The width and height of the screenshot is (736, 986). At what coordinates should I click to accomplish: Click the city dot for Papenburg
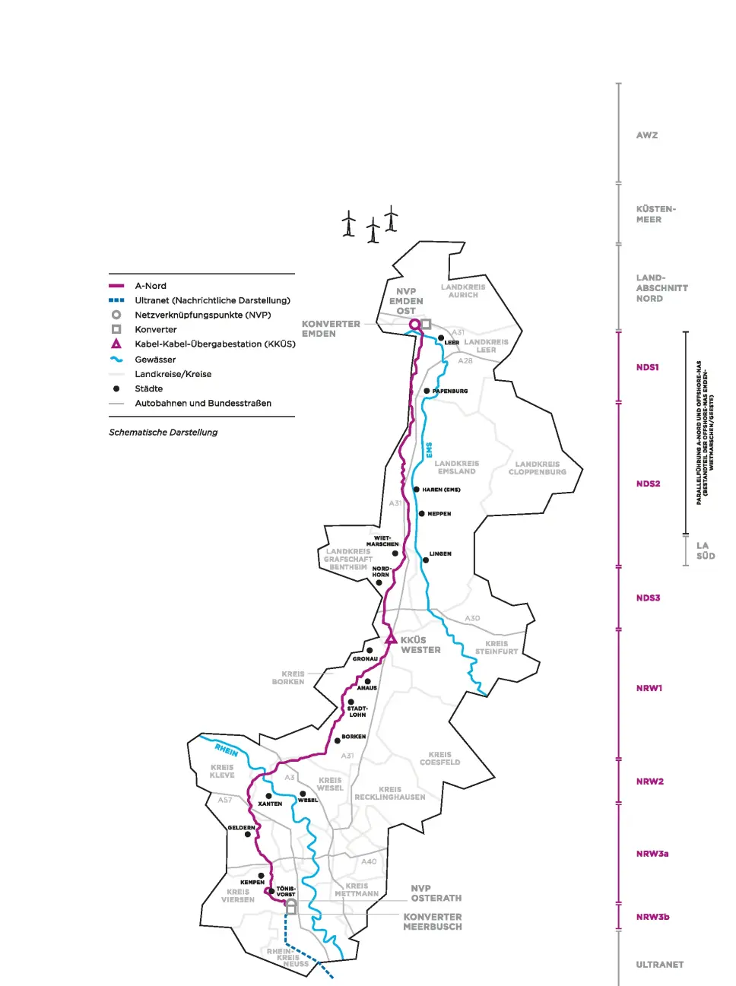tap(427, 391)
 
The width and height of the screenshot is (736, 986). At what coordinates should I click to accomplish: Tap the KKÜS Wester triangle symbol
tap(391, 639)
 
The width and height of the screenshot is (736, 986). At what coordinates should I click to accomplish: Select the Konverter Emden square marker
tap(427, 324)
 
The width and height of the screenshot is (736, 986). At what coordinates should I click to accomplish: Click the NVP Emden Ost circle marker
tap(414, 325)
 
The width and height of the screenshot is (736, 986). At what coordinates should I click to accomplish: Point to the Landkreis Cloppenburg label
tap(538, 468)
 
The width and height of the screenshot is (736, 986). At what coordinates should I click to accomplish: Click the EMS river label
tap(430, 450)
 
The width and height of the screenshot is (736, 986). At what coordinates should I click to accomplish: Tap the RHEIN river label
tap(227, 750)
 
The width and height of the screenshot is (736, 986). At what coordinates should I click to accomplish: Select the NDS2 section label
tap(648, 483)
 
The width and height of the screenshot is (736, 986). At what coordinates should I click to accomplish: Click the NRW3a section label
tap(652, 854)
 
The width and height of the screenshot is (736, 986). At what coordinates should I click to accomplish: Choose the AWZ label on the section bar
tap(647, 135)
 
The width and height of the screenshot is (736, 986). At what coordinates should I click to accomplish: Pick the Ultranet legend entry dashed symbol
tap(116, 300)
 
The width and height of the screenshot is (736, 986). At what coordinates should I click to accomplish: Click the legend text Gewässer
tap(155, 360)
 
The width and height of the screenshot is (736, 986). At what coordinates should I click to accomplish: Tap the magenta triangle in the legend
tap(116, 344)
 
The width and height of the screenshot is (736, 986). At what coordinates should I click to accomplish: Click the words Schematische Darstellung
tap(163, 433)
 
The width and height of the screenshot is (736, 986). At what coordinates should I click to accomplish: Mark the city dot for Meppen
tap(422, 514)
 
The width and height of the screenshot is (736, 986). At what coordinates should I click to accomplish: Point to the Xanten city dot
tap(268, 796)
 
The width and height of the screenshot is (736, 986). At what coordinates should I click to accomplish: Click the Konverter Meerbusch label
tap(433, 922)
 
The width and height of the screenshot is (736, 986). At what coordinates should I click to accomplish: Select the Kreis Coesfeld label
tap(439, 759)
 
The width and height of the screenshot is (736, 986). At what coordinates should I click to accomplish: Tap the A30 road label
tap(472, 619)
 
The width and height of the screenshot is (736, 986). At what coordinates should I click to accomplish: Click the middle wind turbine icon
tap(373, 230)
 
